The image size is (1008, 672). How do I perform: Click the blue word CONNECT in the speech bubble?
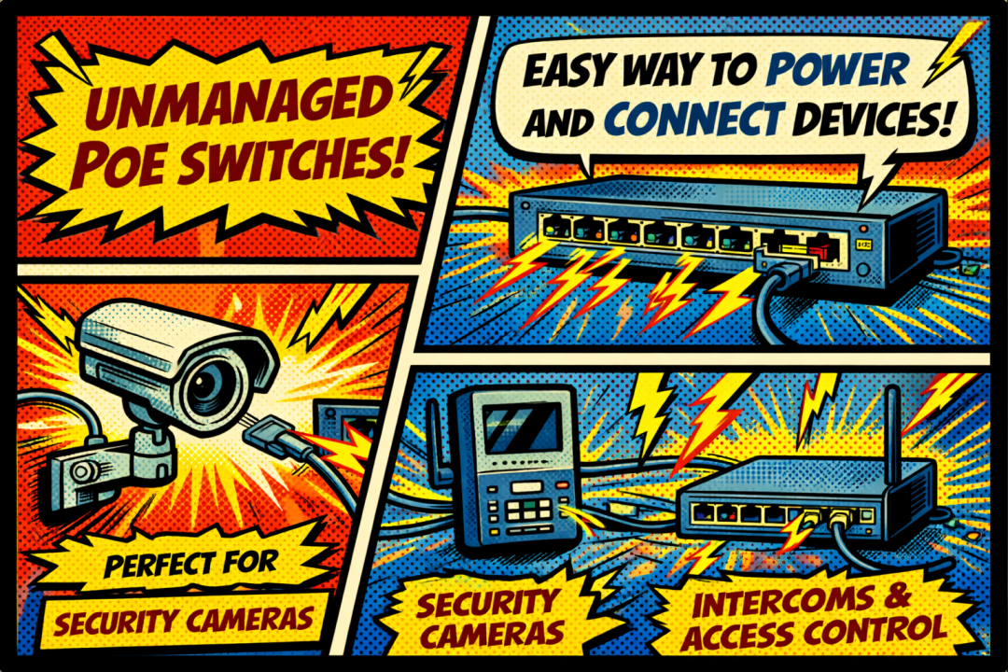pyautogui.click(x=693, y=119)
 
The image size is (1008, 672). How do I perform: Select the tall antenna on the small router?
pyautogui.click(x=891, y=433)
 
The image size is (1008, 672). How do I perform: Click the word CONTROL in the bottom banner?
pyautogui.click(x=877, y=631)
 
